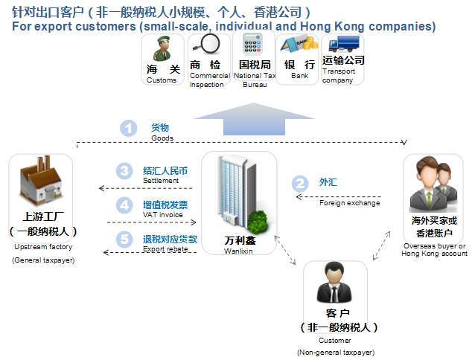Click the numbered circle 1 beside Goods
130,128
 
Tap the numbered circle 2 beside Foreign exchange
299,182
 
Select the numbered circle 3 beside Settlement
124,171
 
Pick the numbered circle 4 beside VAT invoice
124,205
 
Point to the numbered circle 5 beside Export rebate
124,240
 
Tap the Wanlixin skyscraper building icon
237,193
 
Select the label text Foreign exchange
349,203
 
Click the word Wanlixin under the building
239,251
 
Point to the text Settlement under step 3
161,180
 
